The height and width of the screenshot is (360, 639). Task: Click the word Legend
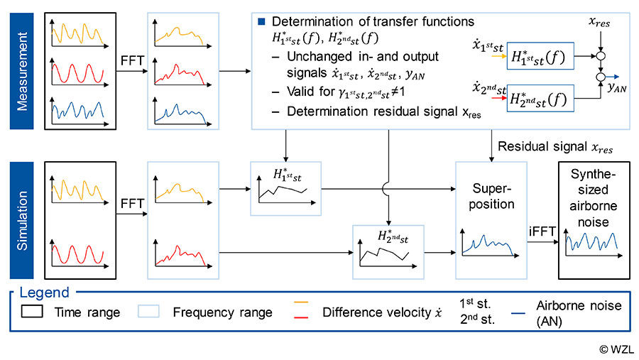(44, 292)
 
